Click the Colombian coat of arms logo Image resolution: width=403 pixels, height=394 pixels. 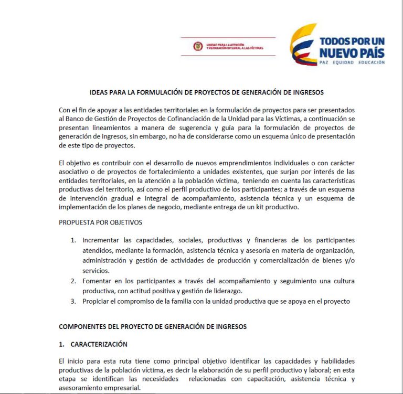tap(198, 46)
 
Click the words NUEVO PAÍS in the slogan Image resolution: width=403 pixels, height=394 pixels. tap(352, 53)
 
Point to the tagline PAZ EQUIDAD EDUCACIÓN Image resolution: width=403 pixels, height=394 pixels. tap(352, 62)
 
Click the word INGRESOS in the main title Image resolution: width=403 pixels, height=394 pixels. tap(308, 92)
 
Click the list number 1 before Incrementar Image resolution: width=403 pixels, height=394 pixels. tap(73, 240)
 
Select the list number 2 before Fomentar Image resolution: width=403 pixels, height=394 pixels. tap(73, 281)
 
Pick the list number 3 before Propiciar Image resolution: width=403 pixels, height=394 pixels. tap(73, 301)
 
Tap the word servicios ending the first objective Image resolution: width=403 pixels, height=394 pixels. tap(95, 271)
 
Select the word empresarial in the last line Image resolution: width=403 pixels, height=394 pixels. tap(122, 388)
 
